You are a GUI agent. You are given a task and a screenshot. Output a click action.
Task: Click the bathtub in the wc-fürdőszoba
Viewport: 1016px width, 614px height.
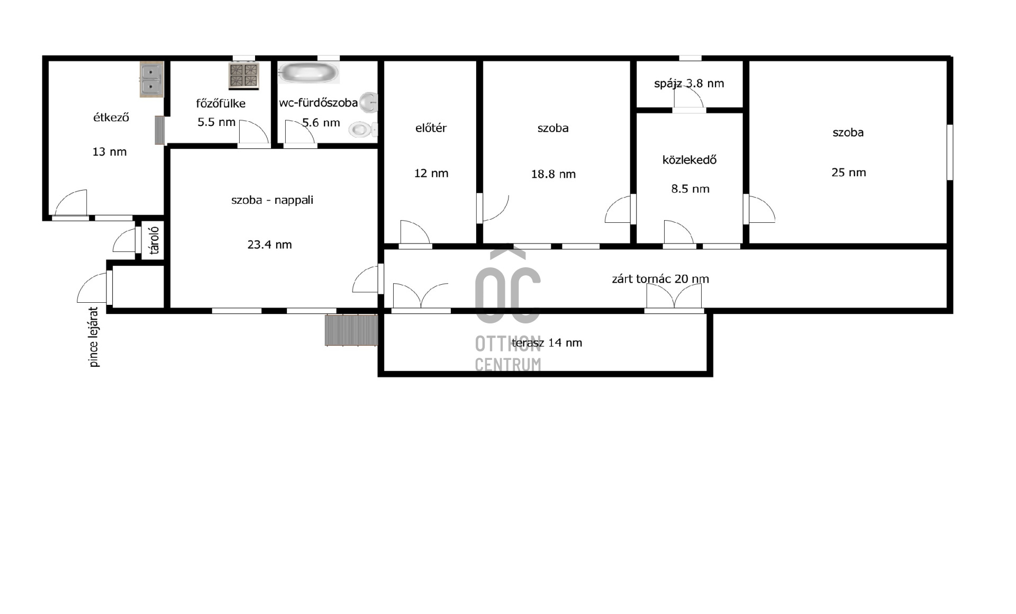pos(309,73)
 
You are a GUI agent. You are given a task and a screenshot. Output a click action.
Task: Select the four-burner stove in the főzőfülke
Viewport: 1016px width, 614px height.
pos(243,75)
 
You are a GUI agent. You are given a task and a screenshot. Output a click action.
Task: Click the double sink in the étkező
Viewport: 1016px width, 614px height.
pos(152,79)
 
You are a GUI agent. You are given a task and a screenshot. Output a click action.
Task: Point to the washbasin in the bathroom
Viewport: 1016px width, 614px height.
pos(369,102)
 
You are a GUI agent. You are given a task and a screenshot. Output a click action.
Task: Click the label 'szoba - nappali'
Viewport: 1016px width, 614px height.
pos(272,200)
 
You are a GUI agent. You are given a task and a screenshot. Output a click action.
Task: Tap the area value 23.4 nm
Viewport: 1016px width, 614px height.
pos(269,245)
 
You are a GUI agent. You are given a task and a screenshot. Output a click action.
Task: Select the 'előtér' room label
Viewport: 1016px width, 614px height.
pos(431,128)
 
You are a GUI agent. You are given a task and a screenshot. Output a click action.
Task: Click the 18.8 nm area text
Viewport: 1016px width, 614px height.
pos(553,174)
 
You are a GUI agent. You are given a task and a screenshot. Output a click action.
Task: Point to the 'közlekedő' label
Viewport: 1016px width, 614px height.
pos(690,160)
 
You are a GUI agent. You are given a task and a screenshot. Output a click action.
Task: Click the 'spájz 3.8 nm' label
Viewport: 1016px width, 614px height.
pos(689,84)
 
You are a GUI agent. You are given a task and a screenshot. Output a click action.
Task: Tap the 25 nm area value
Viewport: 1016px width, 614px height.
pos(848,173)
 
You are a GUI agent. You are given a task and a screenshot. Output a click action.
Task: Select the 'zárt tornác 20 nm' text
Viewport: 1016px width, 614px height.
pos(660,279)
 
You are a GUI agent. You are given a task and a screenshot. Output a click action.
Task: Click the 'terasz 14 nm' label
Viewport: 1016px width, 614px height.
pos(547,343)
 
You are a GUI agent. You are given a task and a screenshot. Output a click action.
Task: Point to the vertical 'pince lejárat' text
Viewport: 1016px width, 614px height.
pos(94,337)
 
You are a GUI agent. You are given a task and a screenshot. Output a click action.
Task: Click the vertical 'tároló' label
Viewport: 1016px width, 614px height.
pos(154,241)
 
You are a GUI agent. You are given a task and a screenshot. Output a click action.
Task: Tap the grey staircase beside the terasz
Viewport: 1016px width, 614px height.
pos(351,330)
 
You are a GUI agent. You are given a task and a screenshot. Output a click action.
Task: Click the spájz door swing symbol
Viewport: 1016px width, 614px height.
pos(688,98)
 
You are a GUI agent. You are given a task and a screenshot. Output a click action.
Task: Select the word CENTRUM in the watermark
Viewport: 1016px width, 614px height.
pos(507,365)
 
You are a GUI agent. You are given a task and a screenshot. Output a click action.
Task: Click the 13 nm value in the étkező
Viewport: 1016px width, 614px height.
pos(110,152)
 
